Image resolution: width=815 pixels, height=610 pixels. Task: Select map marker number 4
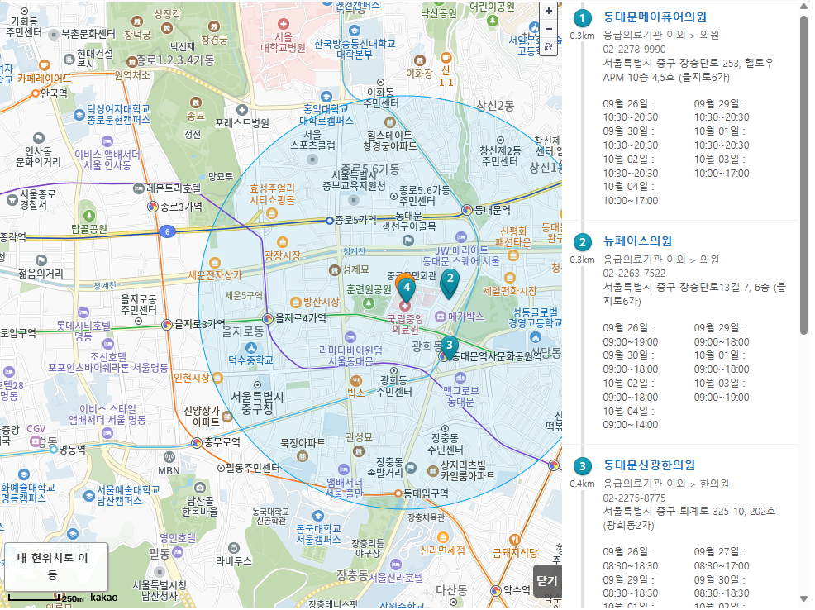pos(407,287)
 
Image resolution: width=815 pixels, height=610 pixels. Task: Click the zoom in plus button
pos(548,12)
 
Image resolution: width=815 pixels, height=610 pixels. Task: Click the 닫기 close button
pos(546,580)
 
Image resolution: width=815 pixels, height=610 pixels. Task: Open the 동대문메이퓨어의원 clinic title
pos(655,17)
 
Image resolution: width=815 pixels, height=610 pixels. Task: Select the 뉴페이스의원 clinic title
pos(637,241)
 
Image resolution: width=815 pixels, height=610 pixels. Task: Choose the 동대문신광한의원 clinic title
pos(649,465)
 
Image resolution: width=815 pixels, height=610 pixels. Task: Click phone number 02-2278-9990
pos(634,49)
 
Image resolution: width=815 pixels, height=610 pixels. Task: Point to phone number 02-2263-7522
pos(634,273)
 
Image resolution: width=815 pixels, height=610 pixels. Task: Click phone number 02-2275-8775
pos(634,498)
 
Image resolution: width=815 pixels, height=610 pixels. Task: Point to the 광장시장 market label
pos(283,256)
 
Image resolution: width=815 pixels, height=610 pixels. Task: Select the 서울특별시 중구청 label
pos(257,403)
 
